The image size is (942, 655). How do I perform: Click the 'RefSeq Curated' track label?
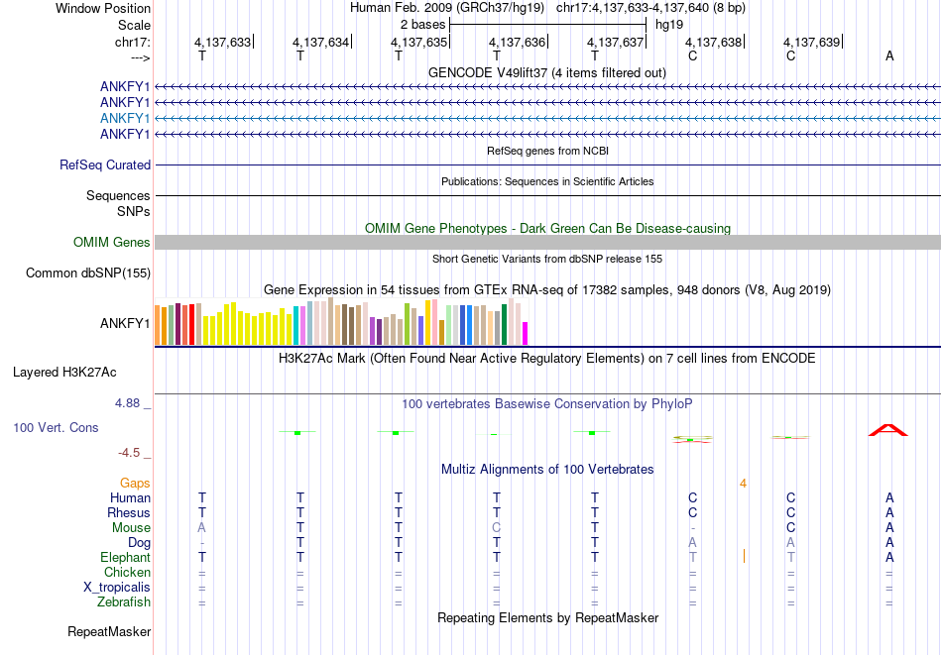tap(105, 165)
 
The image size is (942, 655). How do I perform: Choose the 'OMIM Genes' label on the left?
tap(112, 242)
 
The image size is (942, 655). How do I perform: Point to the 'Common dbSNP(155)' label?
tap(88, 273)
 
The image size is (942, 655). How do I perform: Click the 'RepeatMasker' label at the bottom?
tap(109, 631)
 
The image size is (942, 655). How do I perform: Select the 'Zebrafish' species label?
tap(124, 601)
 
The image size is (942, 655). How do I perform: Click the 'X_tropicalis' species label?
tap(117, 587)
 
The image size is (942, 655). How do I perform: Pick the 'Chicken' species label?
tap(127, 572)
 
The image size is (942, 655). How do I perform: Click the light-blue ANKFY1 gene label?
tap(125, 118)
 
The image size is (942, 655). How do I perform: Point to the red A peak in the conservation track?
tap(888, 429)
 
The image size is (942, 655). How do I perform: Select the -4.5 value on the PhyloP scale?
tap(132, 453)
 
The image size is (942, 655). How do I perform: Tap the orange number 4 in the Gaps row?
tap(742, 483)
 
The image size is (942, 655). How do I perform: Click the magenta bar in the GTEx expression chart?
tap(525, 333)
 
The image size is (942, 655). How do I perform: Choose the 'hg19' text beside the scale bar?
tap(669, 25)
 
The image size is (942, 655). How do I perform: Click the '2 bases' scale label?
tap(422, 25)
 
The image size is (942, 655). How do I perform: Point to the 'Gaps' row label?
tap(135, 483)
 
